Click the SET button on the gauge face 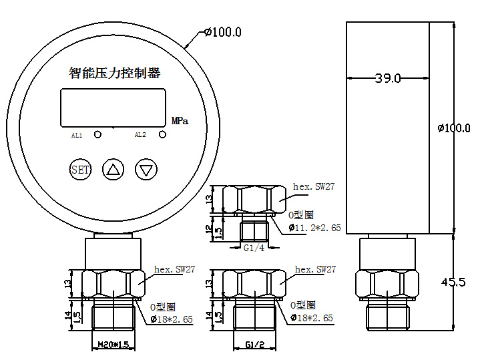point(80,170)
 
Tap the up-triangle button point(113,170)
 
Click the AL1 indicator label point(77,136)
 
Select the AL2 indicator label point(140,135)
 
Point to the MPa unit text point(180,121)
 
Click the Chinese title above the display point(114,73)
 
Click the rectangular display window point(113,108)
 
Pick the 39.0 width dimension point(388,78)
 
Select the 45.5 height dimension point(453,282)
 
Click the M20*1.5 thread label point(113,345)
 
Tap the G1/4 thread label point(254,248)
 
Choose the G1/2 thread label point(255,345)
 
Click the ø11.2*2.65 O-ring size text point(315,228)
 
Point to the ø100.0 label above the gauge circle point(224,32)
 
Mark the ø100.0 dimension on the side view point(454,128)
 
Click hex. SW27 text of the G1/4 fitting point(314,186)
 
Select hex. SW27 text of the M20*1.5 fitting point(175,269)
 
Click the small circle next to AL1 point(97,135)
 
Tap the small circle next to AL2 point(162,134)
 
